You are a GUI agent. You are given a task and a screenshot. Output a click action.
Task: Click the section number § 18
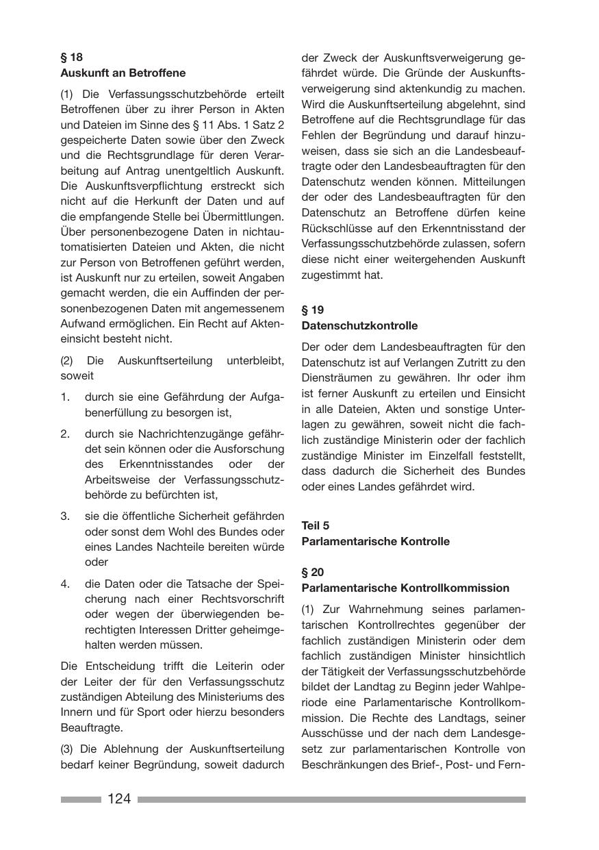(71, 58)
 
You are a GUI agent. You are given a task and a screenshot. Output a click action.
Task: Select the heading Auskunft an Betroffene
(123, 73)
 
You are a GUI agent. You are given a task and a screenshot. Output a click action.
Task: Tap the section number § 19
(313, 310)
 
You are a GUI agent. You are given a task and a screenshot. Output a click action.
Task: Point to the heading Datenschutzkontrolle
(359, 325)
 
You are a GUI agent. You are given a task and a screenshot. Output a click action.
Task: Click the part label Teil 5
(316, 525)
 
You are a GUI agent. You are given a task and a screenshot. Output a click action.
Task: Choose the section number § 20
(313, 572)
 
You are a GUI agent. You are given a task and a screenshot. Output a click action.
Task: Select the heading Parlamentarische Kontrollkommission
(405, 588)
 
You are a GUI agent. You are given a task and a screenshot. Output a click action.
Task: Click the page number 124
(119, 799)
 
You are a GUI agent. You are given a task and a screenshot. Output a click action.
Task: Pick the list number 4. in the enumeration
(65, 584)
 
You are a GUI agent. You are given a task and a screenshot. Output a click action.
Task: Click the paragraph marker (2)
(67, 360)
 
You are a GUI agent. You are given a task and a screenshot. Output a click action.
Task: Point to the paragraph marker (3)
(67, 749)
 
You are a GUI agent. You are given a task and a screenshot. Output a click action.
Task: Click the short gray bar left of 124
(81, 799)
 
